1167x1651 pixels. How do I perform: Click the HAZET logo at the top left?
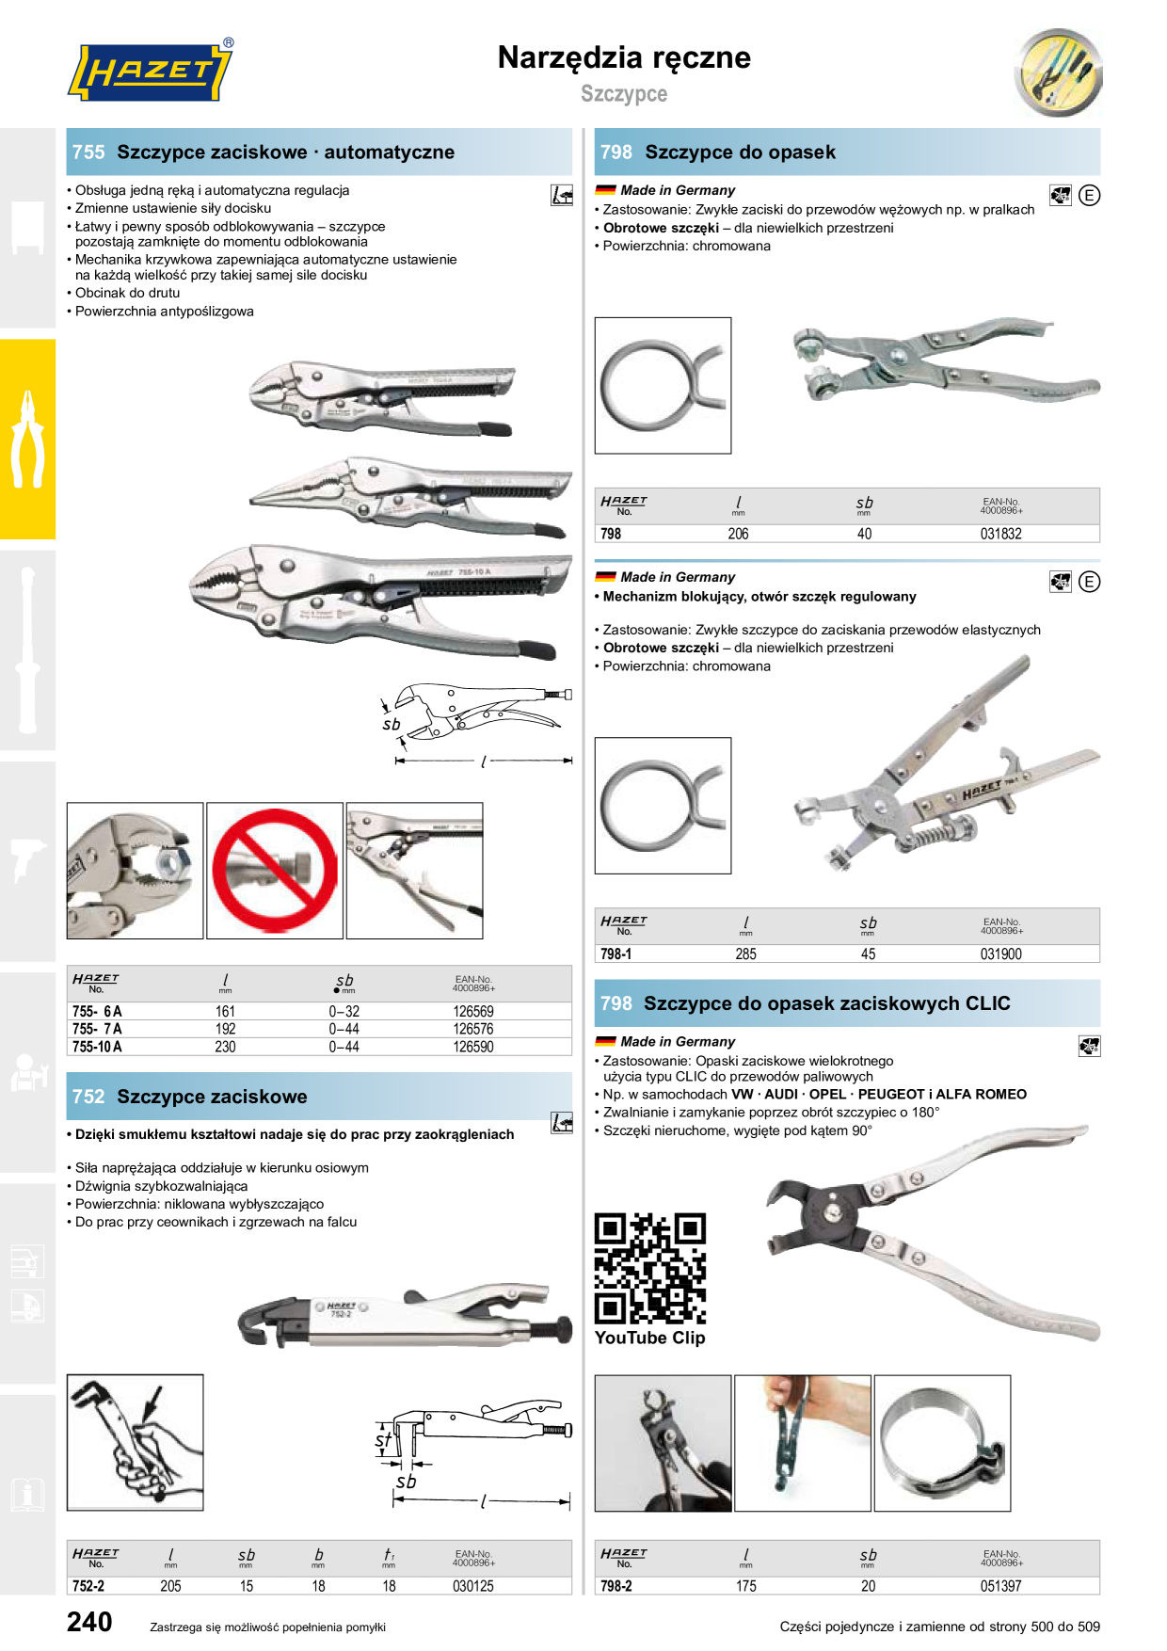[x=150, y=71]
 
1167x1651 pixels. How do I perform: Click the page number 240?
[x=89, y=1622]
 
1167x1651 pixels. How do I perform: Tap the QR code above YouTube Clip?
[x=650, y=1268]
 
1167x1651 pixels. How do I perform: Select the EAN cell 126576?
[x=473, y=1029]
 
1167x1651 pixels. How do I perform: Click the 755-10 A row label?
[x=97, y=1047]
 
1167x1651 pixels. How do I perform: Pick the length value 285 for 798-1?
[x=746, y=954]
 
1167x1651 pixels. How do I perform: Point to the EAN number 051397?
[x=1001, y=1586]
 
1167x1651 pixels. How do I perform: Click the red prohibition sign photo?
[x=275, y=871]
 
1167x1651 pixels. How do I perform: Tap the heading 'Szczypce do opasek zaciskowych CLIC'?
[x=827, y=1003]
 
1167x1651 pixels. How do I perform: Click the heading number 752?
[x=88, y=1097]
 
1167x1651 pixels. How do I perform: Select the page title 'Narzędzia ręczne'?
[x=624, y=57]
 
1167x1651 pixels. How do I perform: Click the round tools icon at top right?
[x=1059, y=72]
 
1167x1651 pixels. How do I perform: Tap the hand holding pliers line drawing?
[x=136, y=1442]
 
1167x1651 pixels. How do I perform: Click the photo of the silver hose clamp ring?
[x=943, y=1443]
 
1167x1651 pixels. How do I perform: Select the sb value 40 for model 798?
[x=864, y=534]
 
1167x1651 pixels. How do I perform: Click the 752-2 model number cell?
[x=88, y=1586]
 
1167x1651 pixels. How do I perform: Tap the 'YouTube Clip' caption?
[x=650, y=1338]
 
